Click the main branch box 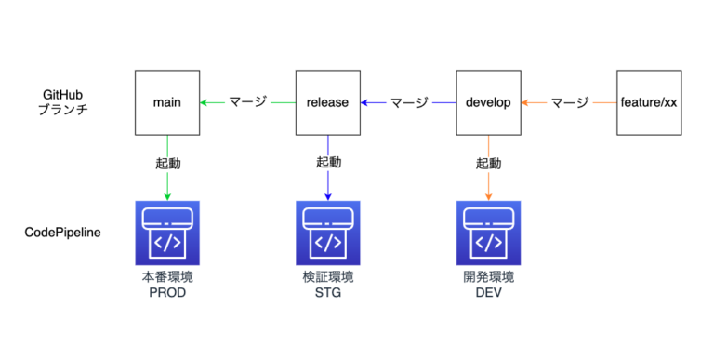(166, 101)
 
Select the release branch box (327, 101)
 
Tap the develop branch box (488, 101)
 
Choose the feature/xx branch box (649, 101)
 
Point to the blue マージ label (408, 101)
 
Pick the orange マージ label (569, 101)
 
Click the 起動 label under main (167, 163)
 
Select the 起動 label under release (328, 163)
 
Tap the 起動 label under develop (489, 163)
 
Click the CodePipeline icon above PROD (167, 233)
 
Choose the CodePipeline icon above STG (328, 233)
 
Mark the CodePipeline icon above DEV (489, 233)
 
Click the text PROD (167, 292)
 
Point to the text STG (328, 292)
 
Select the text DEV (489, 292)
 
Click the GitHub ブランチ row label (63, 102)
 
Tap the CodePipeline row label (62, 232)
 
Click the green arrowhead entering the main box (205, 101)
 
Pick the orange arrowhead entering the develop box (525, 101)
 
